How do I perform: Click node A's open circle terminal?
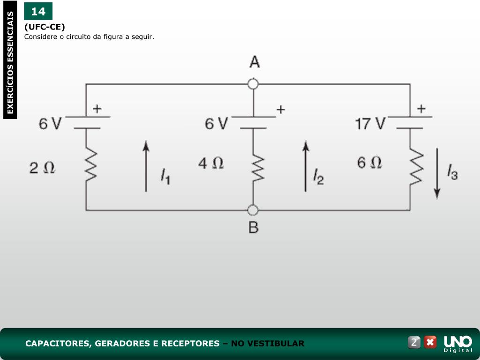click(253, 84)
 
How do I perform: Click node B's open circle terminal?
click(253, 210)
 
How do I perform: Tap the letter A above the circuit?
click(254, 62)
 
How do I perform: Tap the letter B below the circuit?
click(253, 228)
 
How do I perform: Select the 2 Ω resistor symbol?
click(90, 165)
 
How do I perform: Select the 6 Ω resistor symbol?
click(415, 167)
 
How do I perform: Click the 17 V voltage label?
click(370, 124)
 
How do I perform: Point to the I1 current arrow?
click(146, 166)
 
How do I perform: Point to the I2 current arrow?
click(306, 166)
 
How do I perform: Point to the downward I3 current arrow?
click(437, 173)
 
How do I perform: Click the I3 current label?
click(452, 172)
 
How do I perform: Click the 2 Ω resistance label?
click(42, 168)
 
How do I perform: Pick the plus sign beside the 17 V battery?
click(421, 109)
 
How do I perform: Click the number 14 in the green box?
click(38, 11)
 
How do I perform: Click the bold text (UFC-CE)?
click(45, 27)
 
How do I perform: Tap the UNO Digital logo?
click(457, 343)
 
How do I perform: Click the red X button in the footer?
click(430, 342)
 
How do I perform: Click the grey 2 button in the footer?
click(414, 342)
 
